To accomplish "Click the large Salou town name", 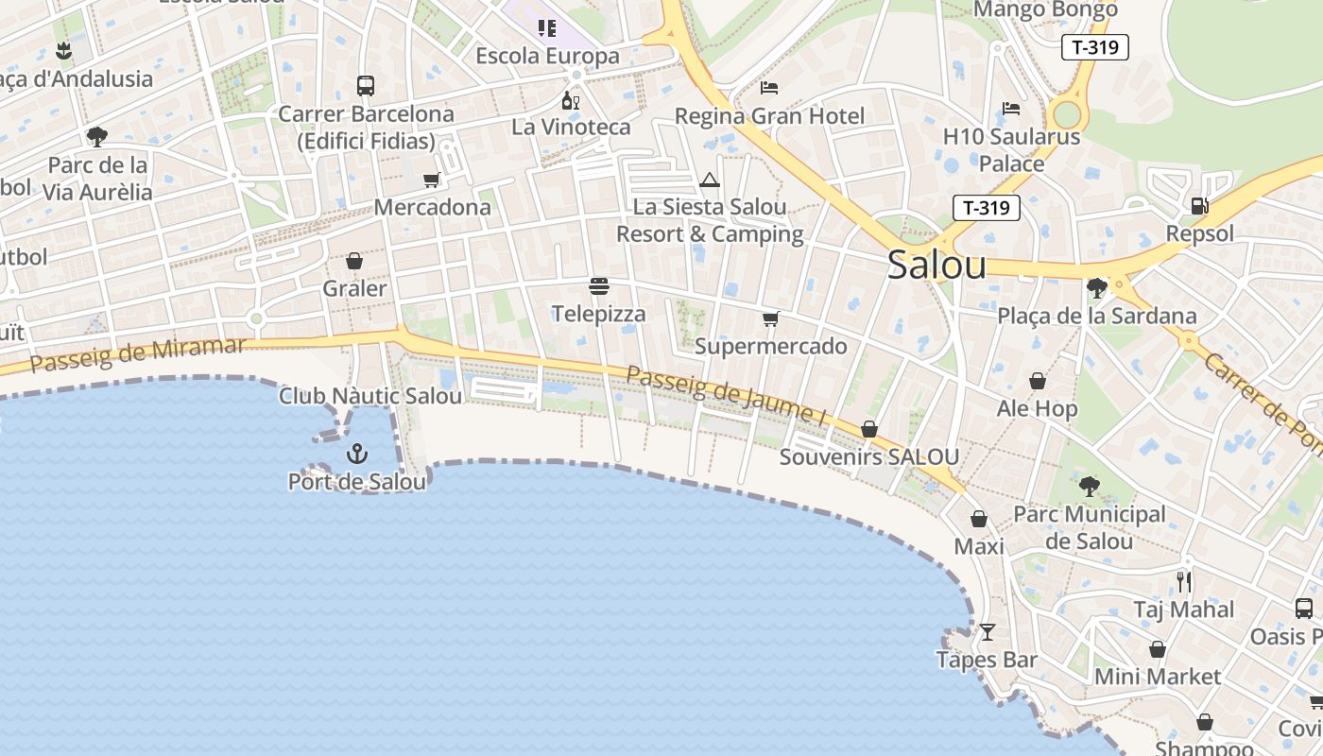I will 936,266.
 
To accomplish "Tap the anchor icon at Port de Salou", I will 356,454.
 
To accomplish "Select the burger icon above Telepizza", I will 598,285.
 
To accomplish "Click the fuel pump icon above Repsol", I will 1199,204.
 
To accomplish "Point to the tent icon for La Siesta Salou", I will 710,180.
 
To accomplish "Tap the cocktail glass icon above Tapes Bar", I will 988,631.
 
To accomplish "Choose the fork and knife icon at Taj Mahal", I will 1184,581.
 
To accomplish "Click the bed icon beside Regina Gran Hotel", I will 769,88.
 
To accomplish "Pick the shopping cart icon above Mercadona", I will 432,180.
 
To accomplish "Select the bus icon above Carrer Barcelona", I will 365,86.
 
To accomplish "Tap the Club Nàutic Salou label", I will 370,396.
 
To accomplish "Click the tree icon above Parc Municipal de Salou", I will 1089,487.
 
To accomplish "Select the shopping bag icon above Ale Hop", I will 1038,381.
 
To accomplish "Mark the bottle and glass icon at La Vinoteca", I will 570,100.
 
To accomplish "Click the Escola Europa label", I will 547,56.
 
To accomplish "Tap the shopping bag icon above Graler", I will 354,260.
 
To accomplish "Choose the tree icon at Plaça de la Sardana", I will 1096,287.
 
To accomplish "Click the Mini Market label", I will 1158,677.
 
